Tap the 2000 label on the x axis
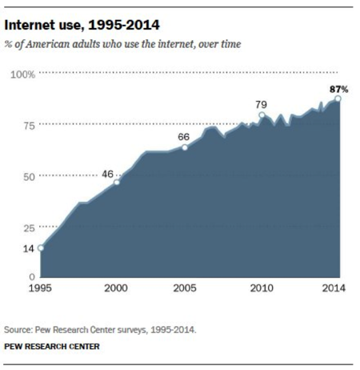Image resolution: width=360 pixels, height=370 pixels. pos(117,289)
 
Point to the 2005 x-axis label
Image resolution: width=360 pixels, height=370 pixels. pos(186,289)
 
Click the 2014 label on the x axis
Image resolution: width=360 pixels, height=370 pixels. pos(332,289)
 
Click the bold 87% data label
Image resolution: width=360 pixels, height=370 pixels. pos(338,87)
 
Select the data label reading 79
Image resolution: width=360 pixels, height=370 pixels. pos(260,103)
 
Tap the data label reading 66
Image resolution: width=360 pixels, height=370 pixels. pos(184,136)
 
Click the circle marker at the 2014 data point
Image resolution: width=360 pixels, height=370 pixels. pos(338,99)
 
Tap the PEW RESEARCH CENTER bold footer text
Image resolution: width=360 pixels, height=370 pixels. pos(52,347)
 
